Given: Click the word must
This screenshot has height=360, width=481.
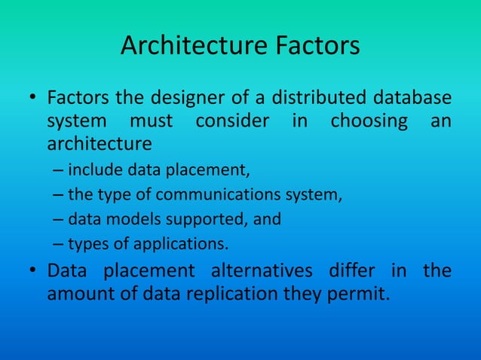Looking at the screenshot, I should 151,121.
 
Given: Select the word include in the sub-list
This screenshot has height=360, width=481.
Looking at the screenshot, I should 92,156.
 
